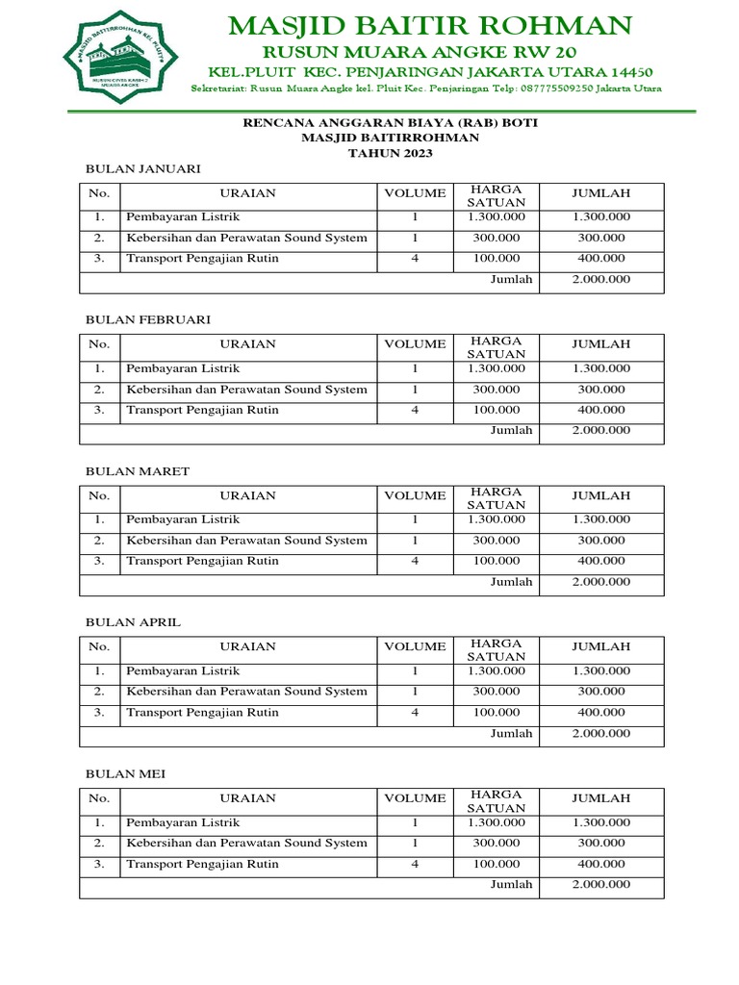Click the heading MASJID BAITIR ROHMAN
coord(430,24)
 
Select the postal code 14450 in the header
coord(628,72)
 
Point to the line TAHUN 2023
coord(390,153)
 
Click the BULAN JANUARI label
coord(143,168)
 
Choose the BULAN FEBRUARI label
coord(148,319)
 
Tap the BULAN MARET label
coord(138,471)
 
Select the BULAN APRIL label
coord(133,622)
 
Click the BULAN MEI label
coord(126,774)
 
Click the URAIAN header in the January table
coord(247,193)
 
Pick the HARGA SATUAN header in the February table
coord(496,348)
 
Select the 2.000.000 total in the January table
coord(600,279)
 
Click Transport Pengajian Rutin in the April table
coord(202,712)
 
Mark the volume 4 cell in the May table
coord(415,864)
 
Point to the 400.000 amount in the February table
coord(600,410)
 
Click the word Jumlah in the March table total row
coord(511,582)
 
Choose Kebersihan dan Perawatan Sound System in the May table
coord(246,843)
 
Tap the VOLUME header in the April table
coord(415,646)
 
